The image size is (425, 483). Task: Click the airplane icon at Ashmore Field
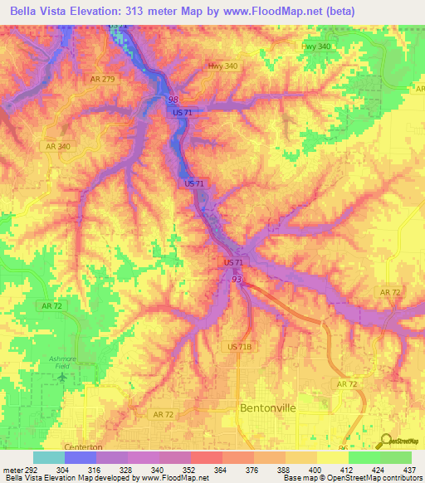63,378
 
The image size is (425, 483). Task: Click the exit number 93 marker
237,280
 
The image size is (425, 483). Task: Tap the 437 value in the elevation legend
410,471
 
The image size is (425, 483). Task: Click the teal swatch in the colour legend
48,457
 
